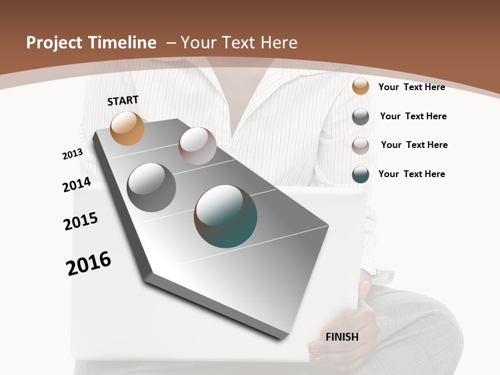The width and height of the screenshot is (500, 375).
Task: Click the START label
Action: (x=123, y=101)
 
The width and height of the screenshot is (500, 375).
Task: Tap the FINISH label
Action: (x=342, y=337)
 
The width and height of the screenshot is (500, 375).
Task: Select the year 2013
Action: (x=72, y=154)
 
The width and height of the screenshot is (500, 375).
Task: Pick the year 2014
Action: (x=77, y=185)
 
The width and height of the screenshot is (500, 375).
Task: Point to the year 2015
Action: (x=81, y=221)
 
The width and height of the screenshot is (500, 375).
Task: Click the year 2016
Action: (x=89, y=264)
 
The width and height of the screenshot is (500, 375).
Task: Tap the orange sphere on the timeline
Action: (x=128, y=128)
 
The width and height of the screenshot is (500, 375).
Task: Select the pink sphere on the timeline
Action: (x=197, y=146)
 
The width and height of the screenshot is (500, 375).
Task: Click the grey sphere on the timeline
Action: (x=151, y=187)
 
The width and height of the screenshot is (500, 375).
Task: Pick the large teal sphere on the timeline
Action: (x=226, y=216)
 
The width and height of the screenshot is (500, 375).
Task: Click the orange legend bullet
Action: (x=360, y=86)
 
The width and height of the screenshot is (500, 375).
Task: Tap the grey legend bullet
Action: (x=360, y=117)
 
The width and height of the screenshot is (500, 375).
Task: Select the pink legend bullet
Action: (x=360, y=146)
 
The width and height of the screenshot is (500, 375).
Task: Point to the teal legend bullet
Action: (x=360, y=174)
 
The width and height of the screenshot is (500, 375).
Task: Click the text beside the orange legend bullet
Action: (x=411, y=87)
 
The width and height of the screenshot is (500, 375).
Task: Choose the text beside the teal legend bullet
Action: (x=411, y=174)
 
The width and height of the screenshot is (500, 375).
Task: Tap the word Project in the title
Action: (x=55, y=43)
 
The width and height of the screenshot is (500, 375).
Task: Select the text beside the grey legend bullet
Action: (x=413, y=116)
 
